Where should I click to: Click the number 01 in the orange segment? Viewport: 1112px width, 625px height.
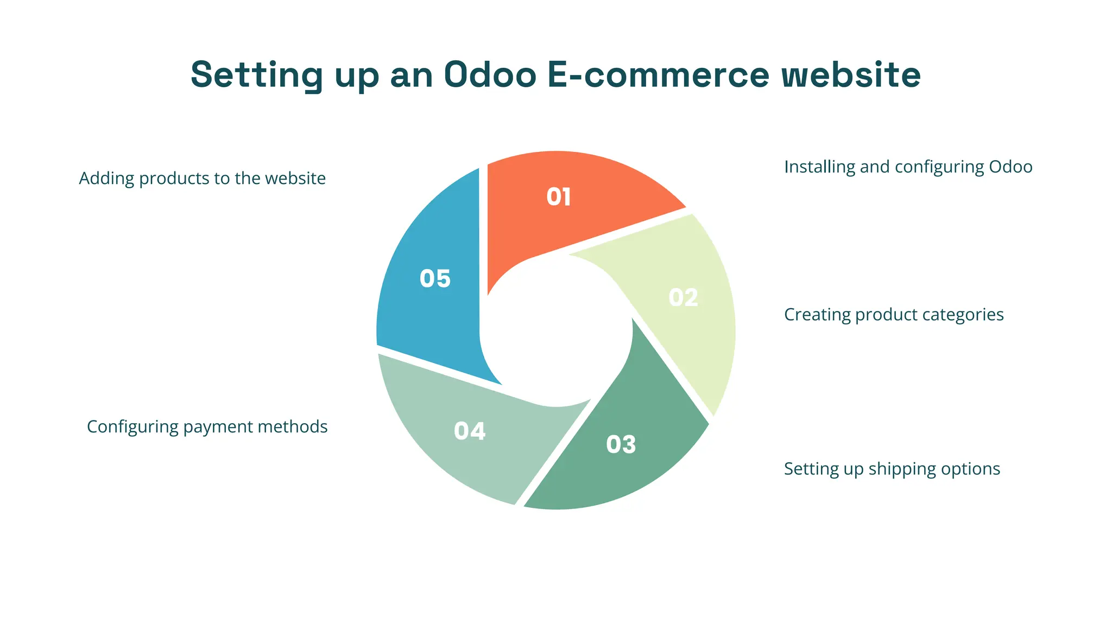(558, 197)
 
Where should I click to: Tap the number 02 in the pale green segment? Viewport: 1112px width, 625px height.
(683, 298)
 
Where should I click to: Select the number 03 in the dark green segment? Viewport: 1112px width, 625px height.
(621, 445)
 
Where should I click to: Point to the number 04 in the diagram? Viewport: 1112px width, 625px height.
(470, 431)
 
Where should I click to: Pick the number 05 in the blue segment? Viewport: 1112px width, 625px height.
(435, 279)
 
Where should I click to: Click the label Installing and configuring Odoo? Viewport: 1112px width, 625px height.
(908, 167)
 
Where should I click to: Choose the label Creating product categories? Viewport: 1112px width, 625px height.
(894, 315)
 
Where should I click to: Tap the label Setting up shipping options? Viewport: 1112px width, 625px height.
(892, 469)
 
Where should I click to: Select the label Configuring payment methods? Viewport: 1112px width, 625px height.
(207, 427)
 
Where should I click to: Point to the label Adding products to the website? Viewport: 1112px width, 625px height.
(202, 178)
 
